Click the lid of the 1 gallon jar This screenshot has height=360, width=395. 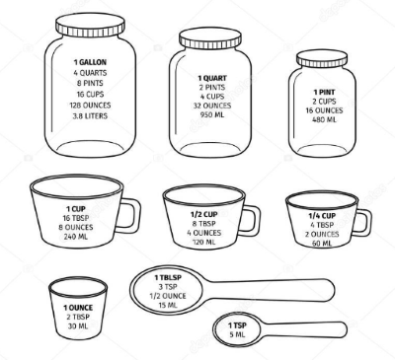[90, 25]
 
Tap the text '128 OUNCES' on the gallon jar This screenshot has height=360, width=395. [90, 106]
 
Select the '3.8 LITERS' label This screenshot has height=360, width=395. [90, 116]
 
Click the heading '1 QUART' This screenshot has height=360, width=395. [212, 78]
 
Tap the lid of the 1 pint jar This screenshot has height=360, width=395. [322, 59]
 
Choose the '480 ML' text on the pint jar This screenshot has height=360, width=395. [324, 119]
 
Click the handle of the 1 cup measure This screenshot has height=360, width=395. [131, 216]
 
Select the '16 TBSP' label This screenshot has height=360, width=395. [76, 218]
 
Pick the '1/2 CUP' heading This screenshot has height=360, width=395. [204, 215]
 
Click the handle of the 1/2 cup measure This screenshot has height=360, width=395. [253, 221]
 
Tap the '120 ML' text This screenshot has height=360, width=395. [204, 243]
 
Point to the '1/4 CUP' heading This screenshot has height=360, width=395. [322, 216]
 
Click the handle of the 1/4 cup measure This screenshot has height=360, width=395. [364, 223]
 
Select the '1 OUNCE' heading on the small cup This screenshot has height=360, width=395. [78, 308]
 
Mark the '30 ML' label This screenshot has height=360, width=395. [78, 326]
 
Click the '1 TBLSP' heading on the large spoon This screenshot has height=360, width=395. [168, 278]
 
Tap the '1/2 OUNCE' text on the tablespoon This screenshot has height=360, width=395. [168, 296]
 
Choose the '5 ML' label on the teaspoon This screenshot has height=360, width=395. [237, 335]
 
